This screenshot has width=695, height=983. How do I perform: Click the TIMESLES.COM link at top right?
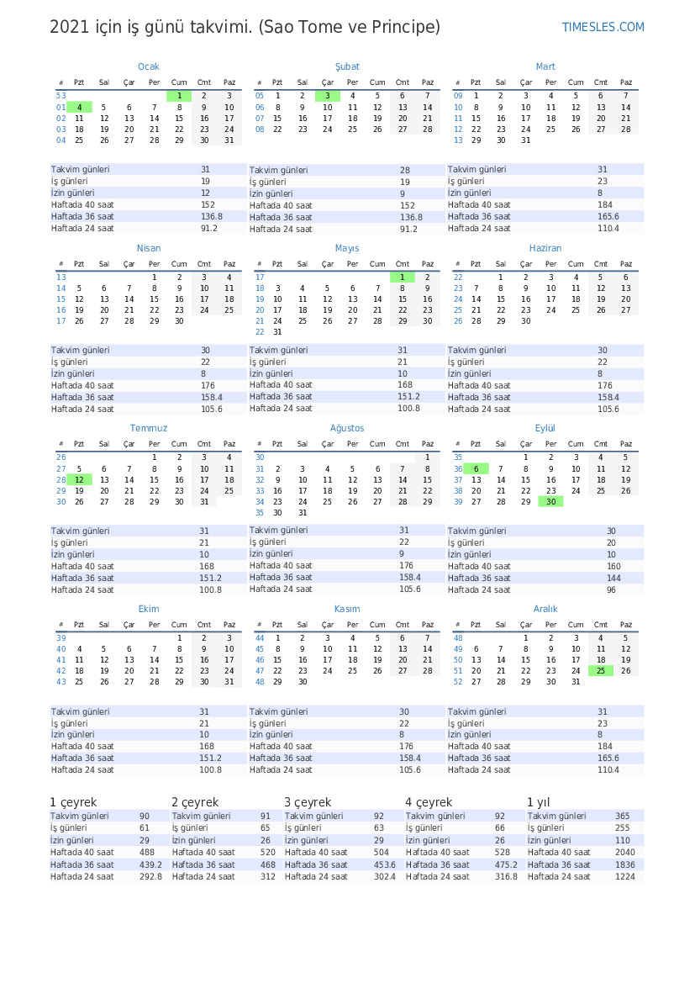[603, 28]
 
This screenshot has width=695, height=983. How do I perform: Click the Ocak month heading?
[148, 66]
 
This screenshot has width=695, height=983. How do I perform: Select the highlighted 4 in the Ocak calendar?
[79, 108]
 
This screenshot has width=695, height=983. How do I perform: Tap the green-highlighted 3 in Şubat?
[328, 96]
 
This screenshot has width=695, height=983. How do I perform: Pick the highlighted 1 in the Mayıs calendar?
[403, 277]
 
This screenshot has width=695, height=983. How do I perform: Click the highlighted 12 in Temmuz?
[79, 479]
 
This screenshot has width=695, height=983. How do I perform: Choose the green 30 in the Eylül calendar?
[550, 502]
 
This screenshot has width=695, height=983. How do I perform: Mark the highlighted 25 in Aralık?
[600, 671]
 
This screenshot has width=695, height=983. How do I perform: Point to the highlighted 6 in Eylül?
[476, 469]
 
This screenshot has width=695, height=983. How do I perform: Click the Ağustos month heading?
[347, 428]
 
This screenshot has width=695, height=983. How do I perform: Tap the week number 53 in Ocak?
[61, 96]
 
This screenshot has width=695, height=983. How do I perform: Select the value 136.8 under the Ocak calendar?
[211, 217]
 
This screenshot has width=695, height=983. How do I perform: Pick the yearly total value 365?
[622, 817]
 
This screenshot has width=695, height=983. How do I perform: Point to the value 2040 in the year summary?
[626, 853]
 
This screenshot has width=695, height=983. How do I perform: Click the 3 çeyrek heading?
[307, 802]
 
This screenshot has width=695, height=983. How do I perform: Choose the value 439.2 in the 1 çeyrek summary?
[150, 864]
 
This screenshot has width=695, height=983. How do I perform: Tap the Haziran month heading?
[545, 248]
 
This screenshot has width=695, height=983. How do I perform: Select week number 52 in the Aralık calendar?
[458, 682]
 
